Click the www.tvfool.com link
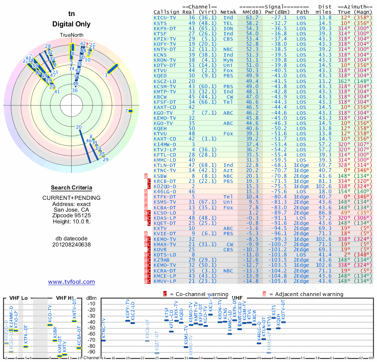click(71, 282)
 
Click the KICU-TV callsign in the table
click(164, 17)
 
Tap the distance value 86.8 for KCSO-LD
click(325, 214)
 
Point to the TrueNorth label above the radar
click(71, 36)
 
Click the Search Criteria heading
click(71, 188)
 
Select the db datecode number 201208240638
click(71, 244)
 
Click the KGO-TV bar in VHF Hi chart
click(50, 325)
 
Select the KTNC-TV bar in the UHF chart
click(103, 340)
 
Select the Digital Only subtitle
click(72, 24)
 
